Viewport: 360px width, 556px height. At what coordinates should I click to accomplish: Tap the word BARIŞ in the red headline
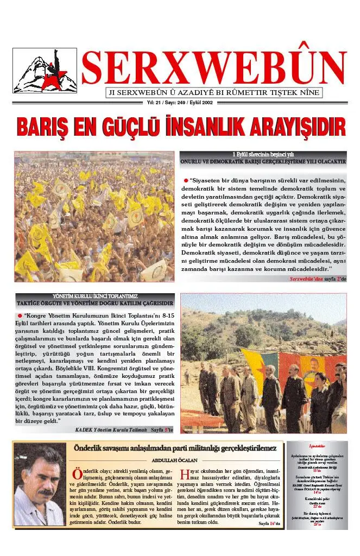[x=45, y=127]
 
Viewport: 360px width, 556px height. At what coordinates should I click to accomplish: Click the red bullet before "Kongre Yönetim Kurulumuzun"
[x=20, y=315]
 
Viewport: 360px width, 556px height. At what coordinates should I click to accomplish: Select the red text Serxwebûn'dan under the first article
[x=306, y=279]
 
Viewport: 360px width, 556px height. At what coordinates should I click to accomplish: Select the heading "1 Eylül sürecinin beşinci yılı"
[x=263, y=155]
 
